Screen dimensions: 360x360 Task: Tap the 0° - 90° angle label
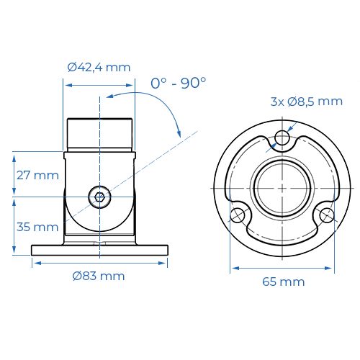178,83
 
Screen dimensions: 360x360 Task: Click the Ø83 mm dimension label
99,276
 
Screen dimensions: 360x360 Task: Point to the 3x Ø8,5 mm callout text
306,102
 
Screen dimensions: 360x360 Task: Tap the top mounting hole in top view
282,138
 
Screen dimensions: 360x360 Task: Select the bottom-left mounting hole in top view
238,214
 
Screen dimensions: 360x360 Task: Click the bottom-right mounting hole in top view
326,214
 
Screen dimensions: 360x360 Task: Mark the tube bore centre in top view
282,188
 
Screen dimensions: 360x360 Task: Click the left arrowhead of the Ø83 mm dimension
35,263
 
